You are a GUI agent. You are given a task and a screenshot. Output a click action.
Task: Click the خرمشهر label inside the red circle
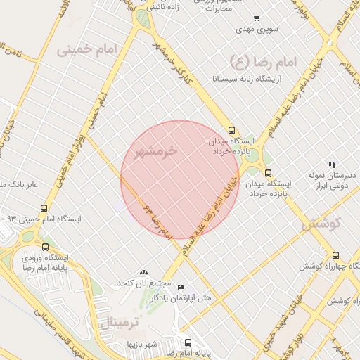point(155,151)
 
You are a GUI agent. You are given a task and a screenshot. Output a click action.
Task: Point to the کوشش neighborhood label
point(321,224)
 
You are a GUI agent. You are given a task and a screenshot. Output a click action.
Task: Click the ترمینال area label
point(117,323)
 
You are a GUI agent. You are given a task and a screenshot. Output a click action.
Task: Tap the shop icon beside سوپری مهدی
point(257,18)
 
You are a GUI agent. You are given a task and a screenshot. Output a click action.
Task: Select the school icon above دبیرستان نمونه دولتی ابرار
point(332,165)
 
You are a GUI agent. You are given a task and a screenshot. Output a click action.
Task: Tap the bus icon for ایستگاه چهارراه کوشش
point(335,256)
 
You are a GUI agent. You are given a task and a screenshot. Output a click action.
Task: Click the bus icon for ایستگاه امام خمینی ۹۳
point(44,209)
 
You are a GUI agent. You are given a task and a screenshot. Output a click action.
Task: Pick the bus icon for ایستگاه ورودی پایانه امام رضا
point(46,247)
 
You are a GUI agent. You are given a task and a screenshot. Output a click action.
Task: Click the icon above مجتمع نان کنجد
point(144,272)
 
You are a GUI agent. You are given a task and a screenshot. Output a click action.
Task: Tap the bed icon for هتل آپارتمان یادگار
point(181,288)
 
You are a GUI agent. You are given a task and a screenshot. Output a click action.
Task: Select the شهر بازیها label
point(141,345)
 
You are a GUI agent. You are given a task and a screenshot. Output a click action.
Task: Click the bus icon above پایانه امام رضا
point(187,342)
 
